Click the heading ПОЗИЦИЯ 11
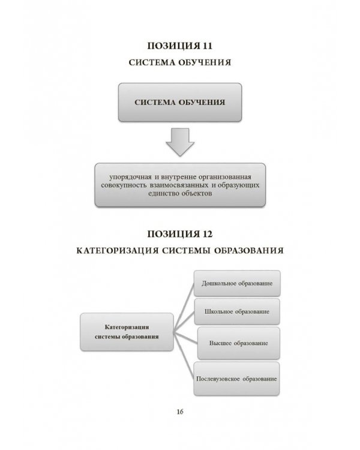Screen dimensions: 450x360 click(x=180, y=46)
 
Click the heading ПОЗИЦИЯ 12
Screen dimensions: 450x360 click(x=180, y=232)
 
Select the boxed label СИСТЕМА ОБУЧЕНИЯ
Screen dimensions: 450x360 click(x=180, y=102)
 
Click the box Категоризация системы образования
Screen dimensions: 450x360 click(x=126, y=332)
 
